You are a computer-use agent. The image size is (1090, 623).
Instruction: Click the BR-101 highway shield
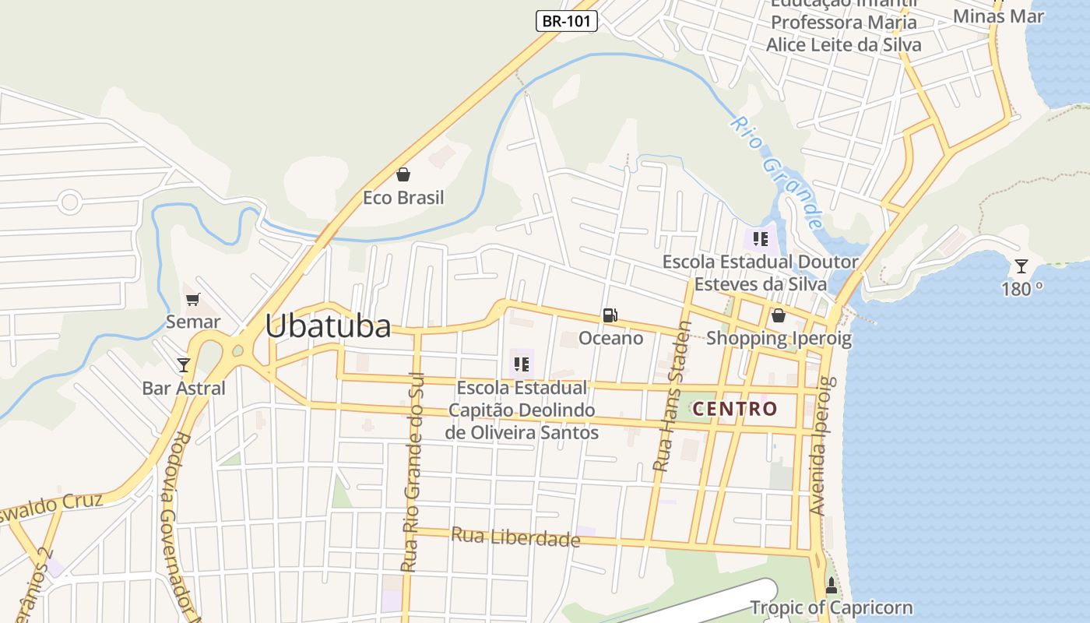[x=566, y=21]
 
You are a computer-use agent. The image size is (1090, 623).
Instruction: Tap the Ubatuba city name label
[x=328, y=326]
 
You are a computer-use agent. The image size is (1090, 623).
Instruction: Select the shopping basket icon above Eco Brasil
[x=403, y=174]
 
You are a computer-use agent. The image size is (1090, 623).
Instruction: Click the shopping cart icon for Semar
[x=193, y=299]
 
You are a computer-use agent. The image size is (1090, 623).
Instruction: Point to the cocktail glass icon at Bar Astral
[x=184, y=364]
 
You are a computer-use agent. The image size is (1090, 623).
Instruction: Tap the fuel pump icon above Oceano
[x=610, y=315]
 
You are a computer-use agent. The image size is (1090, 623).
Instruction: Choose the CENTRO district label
[x=735, y=409]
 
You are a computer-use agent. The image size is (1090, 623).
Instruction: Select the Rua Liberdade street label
[x=515, y=537]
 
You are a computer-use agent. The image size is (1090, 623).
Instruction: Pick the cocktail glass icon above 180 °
[x=1021, y=266]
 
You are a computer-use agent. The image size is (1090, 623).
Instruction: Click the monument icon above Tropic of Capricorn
[x=832, y=586]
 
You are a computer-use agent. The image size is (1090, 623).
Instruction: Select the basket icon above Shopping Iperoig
[x=778, y=315]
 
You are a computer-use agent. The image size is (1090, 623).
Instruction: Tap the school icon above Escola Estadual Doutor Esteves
[x=761, y=239]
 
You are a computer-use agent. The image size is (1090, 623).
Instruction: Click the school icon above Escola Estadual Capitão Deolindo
[x=522, y=364]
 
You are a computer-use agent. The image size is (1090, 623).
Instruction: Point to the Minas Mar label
[x=998, y=16]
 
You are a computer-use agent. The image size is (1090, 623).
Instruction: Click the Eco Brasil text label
[x=403, y=198]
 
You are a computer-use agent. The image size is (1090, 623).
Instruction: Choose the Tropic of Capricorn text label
[x=831, y=607]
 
